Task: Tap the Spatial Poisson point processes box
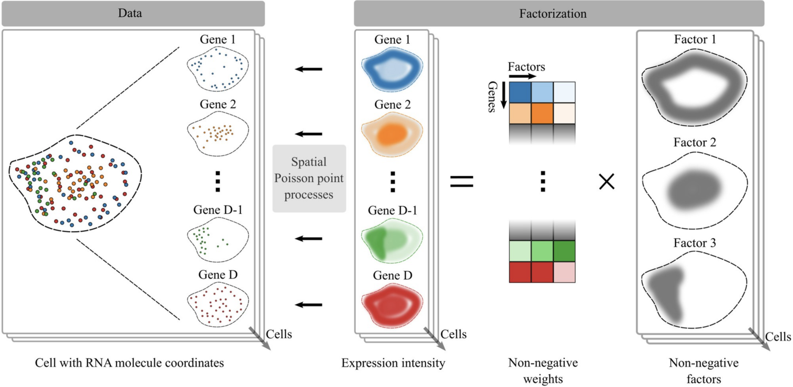coord(309,179)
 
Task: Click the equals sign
coord(462,181)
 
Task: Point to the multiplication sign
coord(607,181)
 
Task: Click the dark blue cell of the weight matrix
coord(520,92)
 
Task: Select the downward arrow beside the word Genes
coord(502,96)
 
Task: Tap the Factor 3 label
coord(695,243)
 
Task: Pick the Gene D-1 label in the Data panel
coord(217,210)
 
